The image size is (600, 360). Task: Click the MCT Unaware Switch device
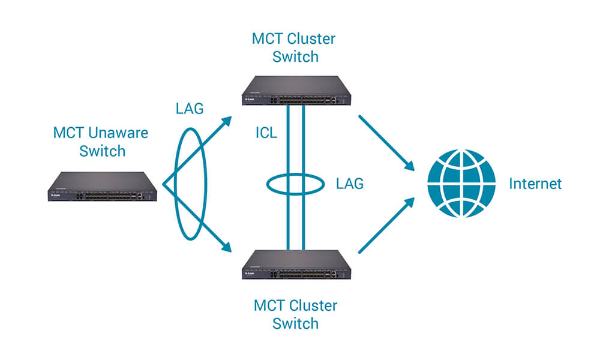102,187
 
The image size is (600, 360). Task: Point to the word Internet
535,184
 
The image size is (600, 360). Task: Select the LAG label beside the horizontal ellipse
350,184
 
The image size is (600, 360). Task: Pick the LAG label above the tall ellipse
190,109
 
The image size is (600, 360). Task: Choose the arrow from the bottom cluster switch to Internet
388,226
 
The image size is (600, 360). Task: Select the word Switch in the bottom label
295,324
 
